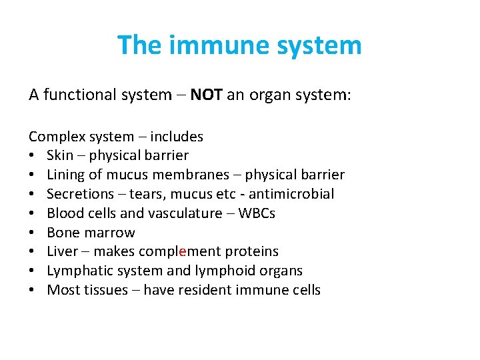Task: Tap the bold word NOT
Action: [x=207, y=95]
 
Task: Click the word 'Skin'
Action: [x=60, y=155]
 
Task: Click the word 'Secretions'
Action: [x=80, y=194]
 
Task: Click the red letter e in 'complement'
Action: [x=182, y=252]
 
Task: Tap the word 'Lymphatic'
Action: [x=77, y=271]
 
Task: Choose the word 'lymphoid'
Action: [x=221, y=271]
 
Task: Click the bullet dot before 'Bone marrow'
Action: [x=33, y=233]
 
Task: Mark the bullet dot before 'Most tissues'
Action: [x=33, y=290]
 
